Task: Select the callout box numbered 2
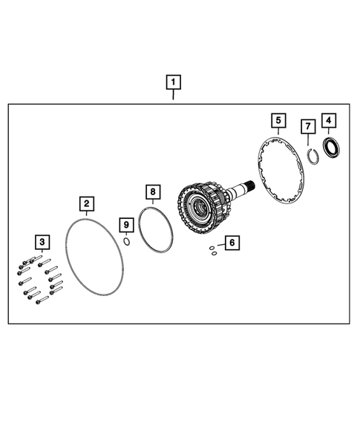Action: click(x=87, y=203)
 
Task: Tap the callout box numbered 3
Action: click(x=42, y=241)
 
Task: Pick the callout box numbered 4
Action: click(x=327, y=119)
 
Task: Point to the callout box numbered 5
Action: click(x=278, y=119)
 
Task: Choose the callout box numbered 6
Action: click(x=232, y=242)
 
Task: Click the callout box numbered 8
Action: click(x=152, y=191)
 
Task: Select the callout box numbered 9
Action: click(x=126, y=224)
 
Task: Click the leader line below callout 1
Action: click(x=172, y=94)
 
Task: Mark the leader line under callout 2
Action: click(x=87, y=212)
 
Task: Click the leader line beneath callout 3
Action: click(x=42, y=252)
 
